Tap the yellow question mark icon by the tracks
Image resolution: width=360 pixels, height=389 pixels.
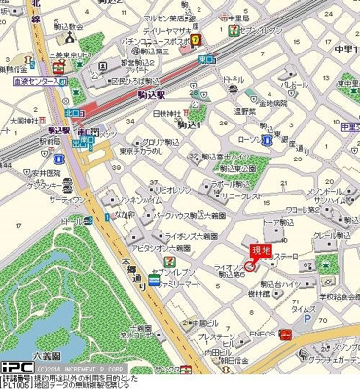pyautogui.click(x=196, y=40)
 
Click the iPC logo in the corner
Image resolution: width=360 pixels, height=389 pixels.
pyautogui.click(x=17, y=367)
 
